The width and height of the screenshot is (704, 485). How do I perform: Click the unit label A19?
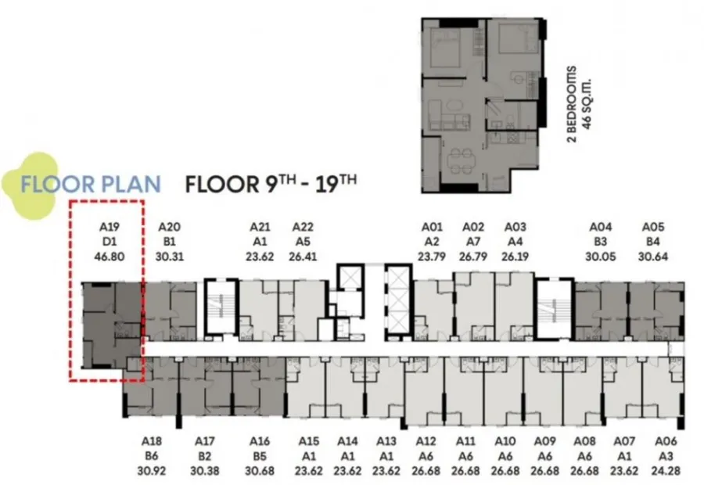click(109, 227)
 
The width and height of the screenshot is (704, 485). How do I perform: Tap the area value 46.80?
click(109, 257)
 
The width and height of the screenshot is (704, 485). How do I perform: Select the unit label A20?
click(169, 227)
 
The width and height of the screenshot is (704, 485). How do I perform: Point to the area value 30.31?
click(169, 257)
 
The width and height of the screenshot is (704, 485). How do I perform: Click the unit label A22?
click(303, 227)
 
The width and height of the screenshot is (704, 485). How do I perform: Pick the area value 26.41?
click(303, 257)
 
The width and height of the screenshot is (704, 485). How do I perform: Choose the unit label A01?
click(432, 227)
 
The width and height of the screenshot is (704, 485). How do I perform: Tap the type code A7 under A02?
click(473, 242)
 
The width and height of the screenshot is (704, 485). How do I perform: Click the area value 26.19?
click(515, 257)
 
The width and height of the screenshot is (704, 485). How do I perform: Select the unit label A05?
click(653, 227)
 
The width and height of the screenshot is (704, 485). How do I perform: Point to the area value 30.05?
click(600, 257)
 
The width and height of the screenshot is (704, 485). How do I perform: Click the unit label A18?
click(151, 441)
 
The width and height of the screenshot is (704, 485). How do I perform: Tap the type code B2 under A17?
click(204, 456)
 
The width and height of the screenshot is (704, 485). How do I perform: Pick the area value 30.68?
click(260, 471)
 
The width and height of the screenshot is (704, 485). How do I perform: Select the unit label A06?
click(666, 441)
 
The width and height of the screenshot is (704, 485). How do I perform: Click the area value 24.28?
click(666, 471)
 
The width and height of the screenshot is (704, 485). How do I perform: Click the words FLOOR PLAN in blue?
click(91, 185)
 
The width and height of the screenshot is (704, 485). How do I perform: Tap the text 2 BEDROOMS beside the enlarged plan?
click(572, 104)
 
